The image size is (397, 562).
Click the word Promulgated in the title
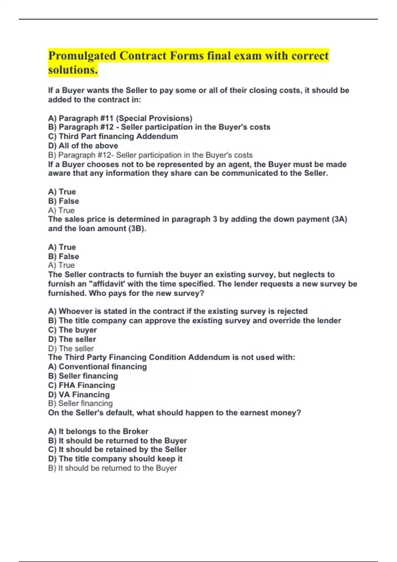point(82,56)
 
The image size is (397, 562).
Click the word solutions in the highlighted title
point(72,70)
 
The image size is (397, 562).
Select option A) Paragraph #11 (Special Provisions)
point(120,118)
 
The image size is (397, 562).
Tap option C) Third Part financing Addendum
point(113,136)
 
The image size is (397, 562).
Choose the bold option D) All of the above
point(83,145)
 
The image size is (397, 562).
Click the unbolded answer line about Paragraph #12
point(150,155)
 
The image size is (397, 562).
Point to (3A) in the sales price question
point(339,219)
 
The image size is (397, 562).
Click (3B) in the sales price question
point(137,228)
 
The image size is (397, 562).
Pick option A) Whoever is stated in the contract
point(178,311)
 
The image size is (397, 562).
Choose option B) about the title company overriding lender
point(195,320)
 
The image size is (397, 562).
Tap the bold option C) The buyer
point(72,330)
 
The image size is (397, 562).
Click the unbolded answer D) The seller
point(71,348)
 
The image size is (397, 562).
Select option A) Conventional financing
point(97,367)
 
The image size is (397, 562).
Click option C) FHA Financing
point(81,385)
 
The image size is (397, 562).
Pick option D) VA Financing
point(79,394)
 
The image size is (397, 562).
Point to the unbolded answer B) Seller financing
point(80,403)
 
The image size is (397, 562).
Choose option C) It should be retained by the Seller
point(117,449)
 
